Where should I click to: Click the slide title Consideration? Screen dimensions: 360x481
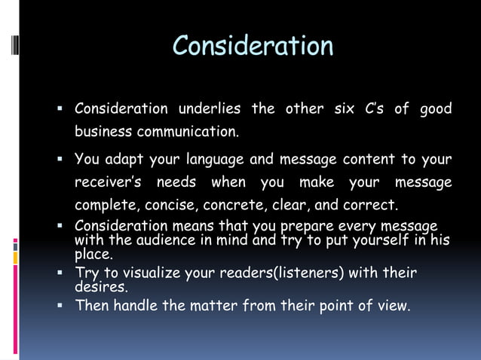[x=253, y=47]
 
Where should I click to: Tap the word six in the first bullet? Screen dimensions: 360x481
[x=344, y=109]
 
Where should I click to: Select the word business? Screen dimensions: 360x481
[x=103, y=132]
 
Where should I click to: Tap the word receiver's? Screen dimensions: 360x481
[x=109, y=183]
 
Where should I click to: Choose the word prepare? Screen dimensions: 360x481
[x=307, y=226]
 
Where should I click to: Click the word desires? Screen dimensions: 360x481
[x=100, y=287]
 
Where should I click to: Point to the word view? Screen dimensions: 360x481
[x=392, y=307]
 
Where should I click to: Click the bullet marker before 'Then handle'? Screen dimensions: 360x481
[x=60, y=307]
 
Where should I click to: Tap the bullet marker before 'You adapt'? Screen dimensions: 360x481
[x=60, y=160]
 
